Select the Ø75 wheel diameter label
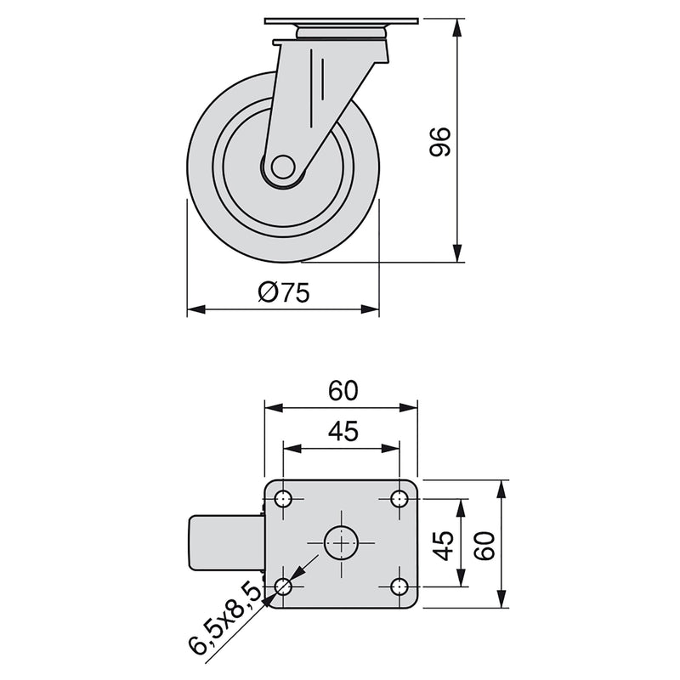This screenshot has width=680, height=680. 282,293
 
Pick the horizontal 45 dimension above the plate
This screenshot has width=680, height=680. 341,431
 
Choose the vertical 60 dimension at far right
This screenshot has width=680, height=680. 484,543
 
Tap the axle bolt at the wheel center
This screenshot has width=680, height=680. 283,167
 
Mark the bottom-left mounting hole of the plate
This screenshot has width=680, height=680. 284,586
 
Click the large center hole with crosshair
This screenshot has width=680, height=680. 341,542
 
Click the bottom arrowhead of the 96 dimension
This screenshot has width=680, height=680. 458,254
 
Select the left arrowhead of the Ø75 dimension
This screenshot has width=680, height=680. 195,310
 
